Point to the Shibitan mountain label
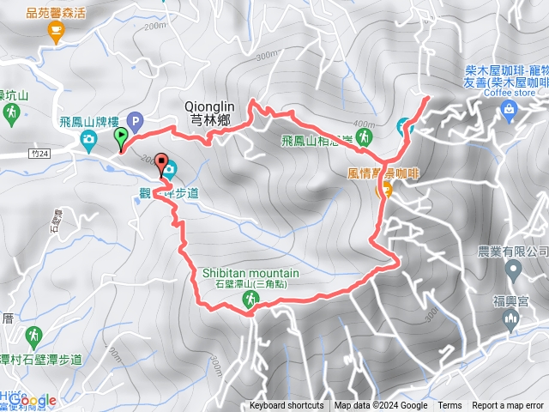[x=251, y=272]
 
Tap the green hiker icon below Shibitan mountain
[x=250, y=299]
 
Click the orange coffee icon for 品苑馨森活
[x=57, y=32]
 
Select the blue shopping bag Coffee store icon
[x=509, y=108]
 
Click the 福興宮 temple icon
[x=512, y=319]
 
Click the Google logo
[x=33, y=400]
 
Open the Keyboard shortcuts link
[x=287, y=406]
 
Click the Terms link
[x=449, y=406]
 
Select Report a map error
[x=508, y=406]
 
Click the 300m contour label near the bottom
[x=214, y=368]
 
